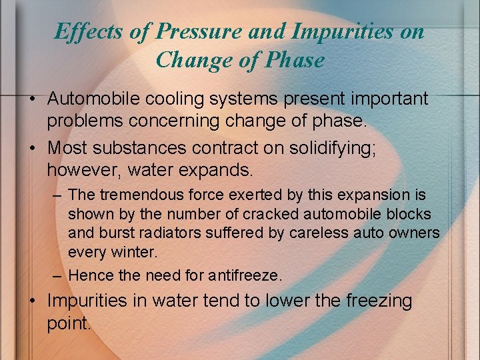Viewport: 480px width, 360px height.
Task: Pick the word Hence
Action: pyautogui.click(x=89, y=275)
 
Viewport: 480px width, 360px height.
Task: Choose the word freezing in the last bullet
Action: pyautogui.click(x=379, y=301)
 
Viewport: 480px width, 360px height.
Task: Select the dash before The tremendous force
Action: pyautogui.click(x=57, y=195)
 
